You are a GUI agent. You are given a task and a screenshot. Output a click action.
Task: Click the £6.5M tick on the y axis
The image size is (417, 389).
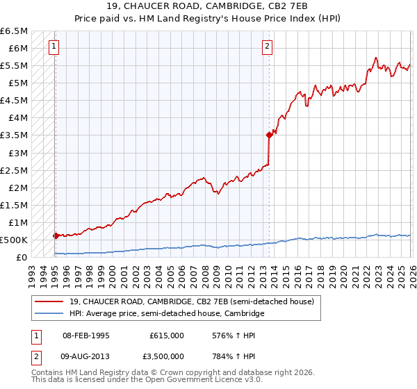pyautogui.click(x=15, y=31)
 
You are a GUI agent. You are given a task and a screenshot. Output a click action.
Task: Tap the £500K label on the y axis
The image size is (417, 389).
pyautogui.click(x=13, y=240)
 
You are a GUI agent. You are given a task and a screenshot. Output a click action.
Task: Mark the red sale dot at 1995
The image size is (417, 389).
pyautogui.click(x=56, y=235)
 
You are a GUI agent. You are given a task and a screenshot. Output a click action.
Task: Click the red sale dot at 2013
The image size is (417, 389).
pyautogui.click(x=268, y=135)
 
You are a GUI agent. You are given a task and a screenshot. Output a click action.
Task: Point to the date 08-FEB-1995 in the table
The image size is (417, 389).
pyautogui.click(x=86, y=335)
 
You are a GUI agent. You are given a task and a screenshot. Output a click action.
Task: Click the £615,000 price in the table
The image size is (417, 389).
pyautogui.click(x=166, y=335)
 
